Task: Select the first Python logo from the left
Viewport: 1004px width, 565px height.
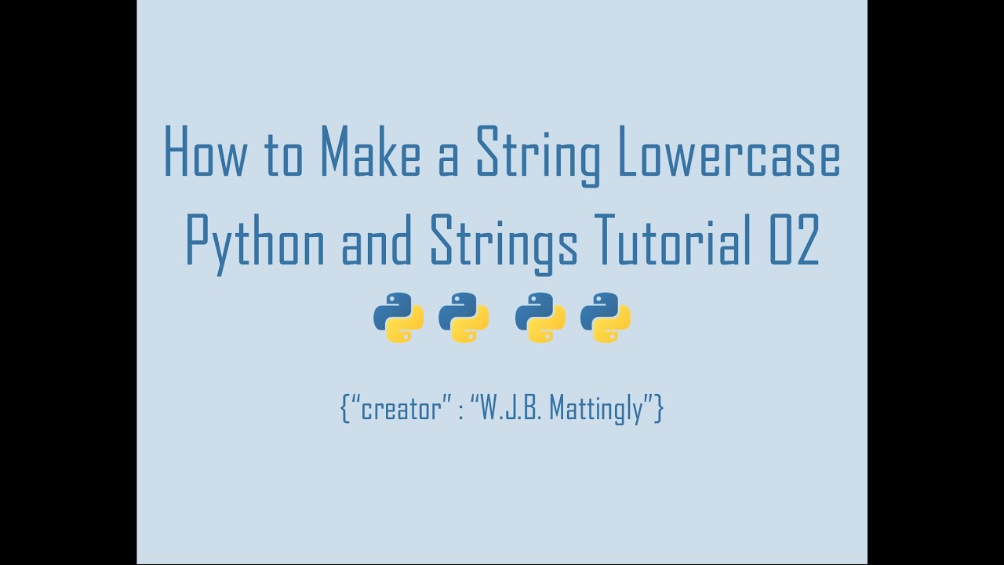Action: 398,317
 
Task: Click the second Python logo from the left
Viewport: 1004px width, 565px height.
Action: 464,317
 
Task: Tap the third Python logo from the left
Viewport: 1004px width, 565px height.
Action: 540,317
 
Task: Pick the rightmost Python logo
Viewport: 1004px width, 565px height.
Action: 606,317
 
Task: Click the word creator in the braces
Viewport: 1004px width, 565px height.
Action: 401,409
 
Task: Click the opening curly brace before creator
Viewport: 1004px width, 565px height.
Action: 345,409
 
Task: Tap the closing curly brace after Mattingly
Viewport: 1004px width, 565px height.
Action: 659,409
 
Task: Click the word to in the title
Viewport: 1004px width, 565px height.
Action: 282,154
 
